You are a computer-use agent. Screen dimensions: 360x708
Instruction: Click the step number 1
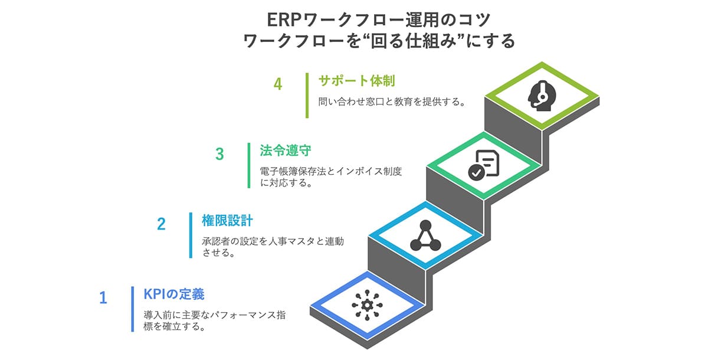[103, 297]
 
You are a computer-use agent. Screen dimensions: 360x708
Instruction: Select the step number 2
[162, 224]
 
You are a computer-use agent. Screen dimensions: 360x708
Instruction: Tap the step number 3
[219, 155]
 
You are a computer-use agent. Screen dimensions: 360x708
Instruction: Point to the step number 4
[278, 84]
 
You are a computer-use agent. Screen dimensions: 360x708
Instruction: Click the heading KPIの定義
[175, 294]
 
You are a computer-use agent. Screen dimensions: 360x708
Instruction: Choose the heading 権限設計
[227, 221]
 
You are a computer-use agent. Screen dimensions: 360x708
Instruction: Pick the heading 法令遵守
[286, 150]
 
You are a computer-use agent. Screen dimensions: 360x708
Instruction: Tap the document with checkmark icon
[484, 163]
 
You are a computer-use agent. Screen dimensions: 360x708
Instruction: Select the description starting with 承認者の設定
[272, 247]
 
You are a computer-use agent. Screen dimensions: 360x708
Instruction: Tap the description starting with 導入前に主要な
[214, 320]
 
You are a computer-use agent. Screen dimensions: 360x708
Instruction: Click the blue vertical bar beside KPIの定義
[133, 309]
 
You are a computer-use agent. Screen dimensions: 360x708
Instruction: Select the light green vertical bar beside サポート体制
[307, 95]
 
